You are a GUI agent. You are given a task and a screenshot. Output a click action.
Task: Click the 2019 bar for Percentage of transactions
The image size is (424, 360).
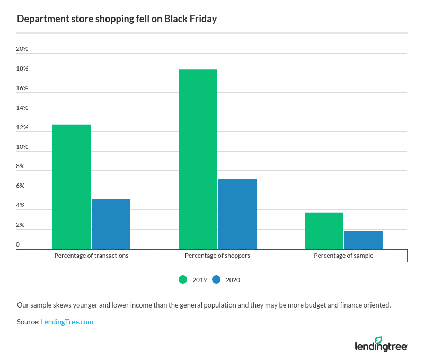click(72, 187)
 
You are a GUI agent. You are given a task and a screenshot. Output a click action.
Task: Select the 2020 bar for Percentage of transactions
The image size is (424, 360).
click(111, 224)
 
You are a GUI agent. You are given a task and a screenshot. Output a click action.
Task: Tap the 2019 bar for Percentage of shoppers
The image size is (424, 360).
click(198, 159)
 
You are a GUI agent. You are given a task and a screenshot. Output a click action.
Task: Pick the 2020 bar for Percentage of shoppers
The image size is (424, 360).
click(237, 214)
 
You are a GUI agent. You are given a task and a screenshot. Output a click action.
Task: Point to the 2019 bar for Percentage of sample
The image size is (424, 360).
click(324, 231)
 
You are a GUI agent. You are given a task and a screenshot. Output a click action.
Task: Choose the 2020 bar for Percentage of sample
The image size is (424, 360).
click(363, 240)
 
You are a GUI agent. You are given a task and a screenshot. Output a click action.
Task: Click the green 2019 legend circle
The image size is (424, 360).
click(183, 279)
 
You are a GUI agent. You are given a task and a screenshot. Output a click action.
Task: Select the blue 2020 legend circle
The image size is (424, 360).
click(216, 279)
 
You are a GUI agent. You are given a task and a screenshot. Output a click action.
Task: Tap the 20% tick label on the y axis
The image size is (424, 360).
click(22, 49)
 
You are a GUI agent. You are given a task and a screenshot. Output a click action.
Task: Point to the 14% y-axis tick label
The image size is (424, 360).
click(22, 108)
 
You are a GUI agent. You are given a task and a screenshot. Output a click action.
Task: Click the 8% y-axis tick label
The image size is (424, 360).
click(21, 166)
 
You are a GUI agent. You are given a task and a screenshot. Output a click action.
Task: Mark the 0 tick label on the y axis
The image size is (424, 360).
click(18, 244)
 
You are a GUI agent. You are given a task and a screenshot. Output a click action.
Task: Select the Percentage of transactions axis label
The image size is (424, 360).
click(91, 256)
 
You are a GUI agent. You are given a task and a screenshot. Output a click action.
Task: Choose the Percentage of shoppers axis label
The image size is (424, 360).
click(217, 256)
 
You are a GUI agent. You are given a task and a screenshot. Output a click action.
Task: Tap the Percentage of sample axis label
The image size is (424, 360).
click(343, 256)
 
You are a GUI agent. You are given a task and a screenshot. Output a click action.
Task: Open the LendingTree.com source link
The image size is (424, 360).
click(67, 322)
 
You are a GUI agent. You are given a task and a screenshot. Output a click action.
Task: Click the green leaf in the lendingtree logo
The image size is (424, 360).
click(378, 340)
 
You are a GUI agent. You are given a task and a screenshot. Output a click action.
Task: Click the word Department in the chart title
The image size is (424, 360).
click(39, 19)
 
